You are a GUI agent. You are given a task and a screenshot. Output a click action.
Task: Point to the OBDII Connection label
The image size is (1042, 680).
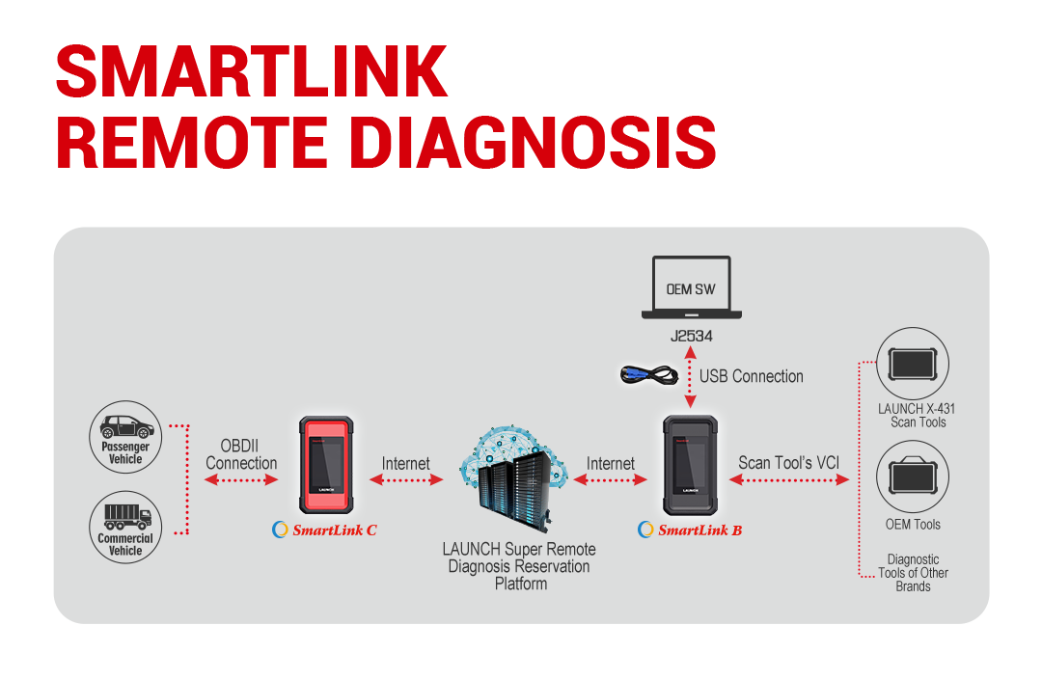click(x=241, y=454)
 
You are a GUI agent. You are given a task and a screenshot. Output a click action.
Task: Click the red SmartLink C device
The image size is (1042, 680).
click(x=326, y=465)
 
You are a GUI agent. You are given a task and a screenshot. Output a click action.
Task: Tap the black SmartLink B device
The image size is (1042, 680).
click(x=691, y=465)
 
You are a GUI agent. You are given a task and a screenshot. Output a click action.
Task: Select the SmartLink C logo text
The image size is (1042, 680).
click(x=325, y=530)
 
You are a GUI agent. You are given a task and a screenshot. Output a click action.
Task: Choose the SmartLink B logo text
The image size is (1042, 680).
click(x=691, y=530)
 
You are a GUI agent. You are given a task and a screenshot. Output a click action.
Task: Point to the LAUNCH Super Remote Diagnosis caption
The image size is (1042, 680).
click(x=519, y=566)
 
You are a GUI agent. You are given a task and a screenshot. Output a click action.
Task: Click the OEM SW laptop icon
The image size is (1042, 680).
click(x=691, y=287)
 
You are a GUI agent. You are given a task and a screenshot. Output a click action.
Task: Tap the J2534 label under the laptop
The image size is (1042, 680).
click(x=691, y=336)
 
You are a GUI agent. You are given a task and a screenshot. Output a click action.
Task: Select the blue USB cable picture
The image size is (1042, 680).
click(x=648, y=374)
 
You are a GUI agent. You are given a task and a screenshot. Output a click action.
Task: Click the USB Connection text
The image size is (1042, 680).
click(x=751, y=376)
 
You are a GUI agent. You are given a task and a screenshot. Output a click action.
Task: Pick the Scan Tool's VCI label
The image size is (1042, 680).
click(x=789, y=463)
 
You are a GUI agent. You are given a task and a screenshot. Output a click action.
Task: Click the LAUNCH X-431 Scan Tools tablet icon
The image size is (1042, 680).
click(x=913, y=364)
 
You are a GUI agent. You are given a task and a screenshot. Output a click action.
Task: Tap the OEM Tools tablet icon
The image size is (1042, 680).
click(x=913, y=476)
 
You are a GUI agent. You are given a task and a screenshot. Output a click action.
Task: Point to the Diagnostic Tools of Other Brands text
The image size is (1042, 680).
click(x=913, y=573)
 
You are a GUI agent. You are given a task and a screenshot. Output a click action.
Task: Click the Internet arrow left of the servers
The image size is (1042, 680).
click(x=406, y=479)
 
